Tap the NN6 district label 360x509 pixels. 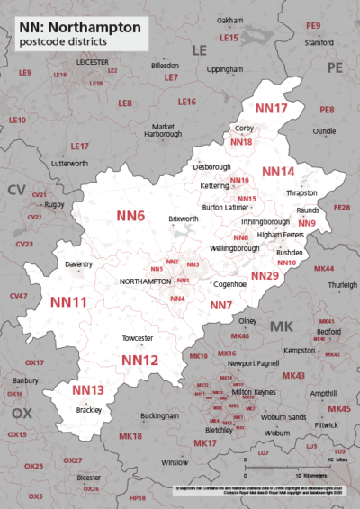pyautogui.click(x=130, y=216)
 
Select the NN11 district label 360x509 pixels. pyautogui.click(x=68, y=301)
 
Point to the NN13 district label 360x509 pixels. pyautogui.click(x=88, y=390)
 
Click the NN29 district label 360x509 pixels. pyautogui.click(x=265, y=275)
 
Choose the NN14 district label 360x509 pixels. pyautogui.click(x=278, y=171)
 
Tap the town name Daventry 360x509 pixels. pyautogui.click(x=80, y=264)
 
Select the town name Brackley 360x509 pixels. pyautogui.click(x=88, y=409)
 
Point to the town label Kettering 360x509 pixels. pyautogui.click(x=213, y=185)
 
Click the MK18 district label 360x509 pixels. pyautogui.click(x=130, y=436)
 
